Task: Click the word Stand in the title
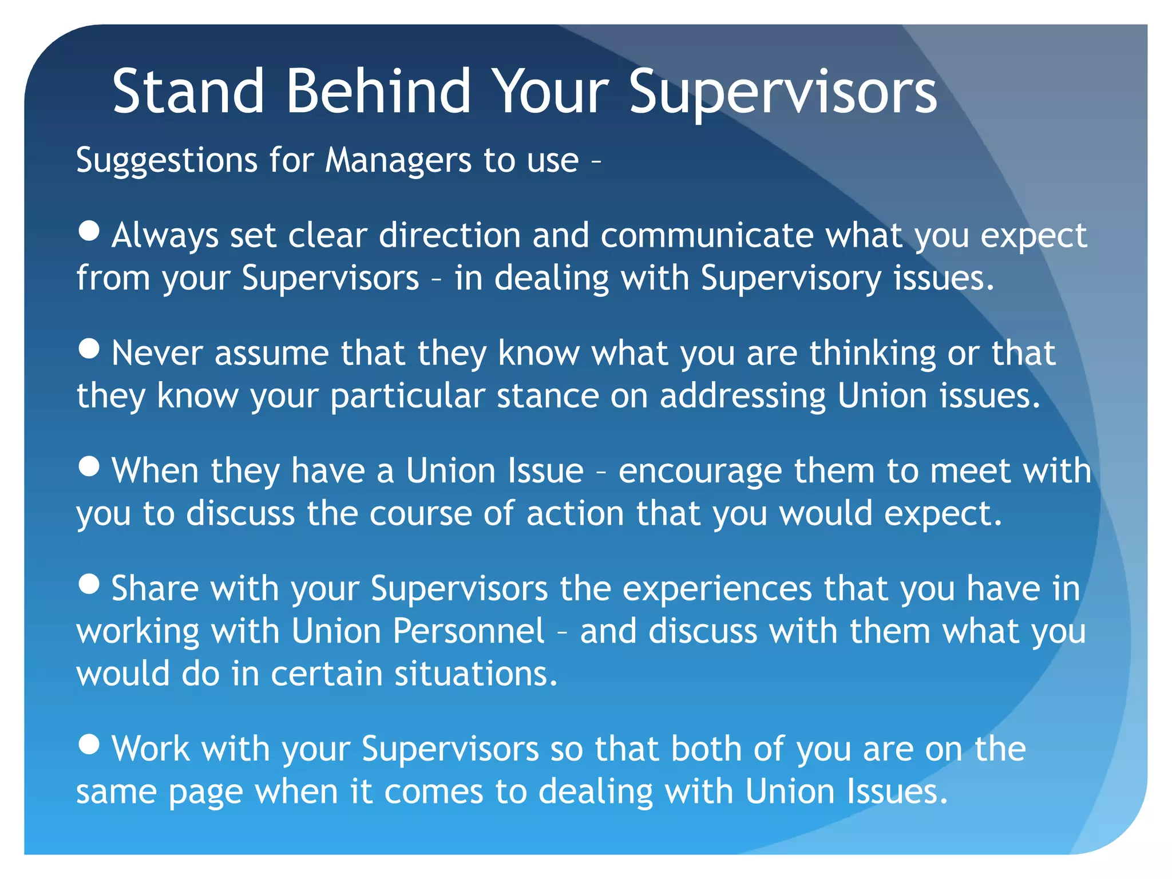pyautogui.click(x=188, y=92)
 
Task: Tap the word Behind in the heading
pyautogui.click(x=378, y=92)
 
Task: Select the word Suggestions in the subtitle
pyautogui.click(x=167, y=160)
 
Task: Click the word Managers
pyautogui.click(x=398, y=160)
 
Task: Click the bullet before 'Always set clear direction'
pyautogui.click(x=89, y=231)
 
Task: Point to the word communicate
pyautogui.click(x=707, y=235)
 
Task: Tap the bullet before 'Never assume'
pyautogui.click(x=89, y=349)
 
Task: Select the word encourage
pyautogui.click(x=700, y=471)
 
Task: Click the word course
pyautogui.click(x=421, y=513)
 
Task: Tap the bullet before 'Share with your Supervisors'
pyautogui.click(x=89, y=584)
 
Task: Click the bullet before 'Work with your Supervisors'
pyautogui.click(x=89, y=744)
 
